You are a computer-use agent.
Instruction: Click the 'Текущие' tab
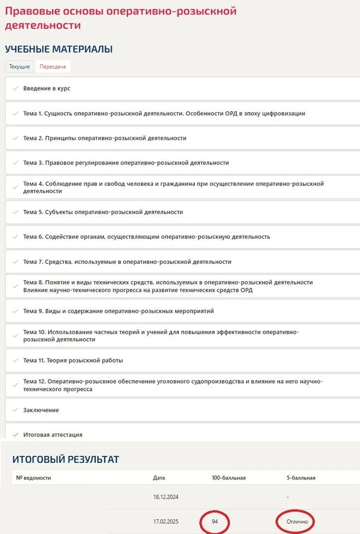[x=19, y=67]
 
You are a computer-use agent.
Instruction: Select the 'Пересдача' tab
[x=53, y=67]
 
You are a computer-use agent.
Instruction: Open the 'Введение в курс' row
[x=47, y=88]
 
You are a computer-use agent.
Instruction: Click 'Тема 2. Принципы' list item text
[x=104, y=138]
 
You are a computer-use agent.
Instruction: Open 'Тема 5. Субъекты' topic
[x=103, y=212]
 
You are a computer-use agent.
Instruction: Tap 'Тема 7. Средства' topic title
[x=127, y=262]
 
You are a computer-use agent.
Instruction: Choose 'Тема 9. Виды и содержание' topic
[x=118, y=311]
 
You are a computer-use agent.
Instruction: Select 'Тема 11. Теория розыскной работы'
[x=73, y=360]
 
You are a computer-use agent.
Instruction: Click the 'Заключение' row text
[x=41, y=410]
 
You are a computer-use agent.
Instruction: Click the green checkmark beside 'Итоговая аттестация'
[x=15, y=435]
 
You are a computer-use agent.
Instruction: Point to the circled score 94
[x=215, y=522]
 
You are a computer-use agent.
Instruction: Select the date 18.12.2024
[x=166, y=497]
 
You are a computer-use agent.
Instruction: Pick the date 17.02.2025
[x=166, y=522]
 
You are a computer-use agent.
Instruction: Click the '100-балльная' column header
[x=228, y=478]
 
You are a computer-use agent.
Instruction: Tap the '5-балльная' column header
[x=301, y=478]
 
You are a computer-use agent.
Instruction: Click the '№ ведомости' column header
[x=34, y=478]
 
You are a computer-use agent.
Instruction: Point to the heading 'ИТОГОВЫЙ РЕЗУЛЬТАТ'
[x=66, y=459]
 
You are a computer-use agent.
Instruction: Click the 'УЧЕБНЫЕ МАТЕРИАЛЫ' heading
[x=59, y=49]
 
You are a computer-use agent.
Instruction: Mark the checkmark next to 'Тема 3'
[x=15, y=163]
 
